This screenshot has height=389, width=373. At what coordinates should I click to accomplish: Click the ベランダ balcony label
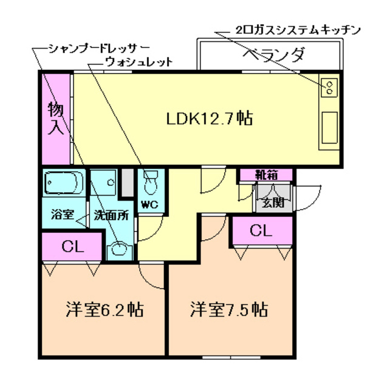273,55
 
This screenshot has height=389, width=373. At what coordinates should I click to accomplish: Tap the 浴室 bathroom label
62,215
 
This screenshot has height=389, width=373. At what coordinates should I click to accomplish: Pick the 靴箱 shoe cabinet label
265,175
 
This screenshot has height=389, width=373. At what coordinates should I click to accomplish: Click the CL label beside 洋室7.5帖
260,231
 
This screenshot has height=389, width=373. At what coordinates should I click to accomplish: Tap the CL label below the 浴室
72,247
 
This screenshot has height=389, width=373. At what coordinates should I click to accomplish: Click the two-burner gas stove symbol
329,88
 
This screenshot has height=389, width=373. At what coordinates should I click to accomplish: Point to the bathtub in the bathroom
64,182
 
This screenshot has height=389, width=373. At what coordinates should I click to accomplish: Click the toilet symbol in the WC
150,182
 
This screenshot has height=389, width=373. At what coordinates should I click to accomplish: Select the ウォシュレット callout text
139,61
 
